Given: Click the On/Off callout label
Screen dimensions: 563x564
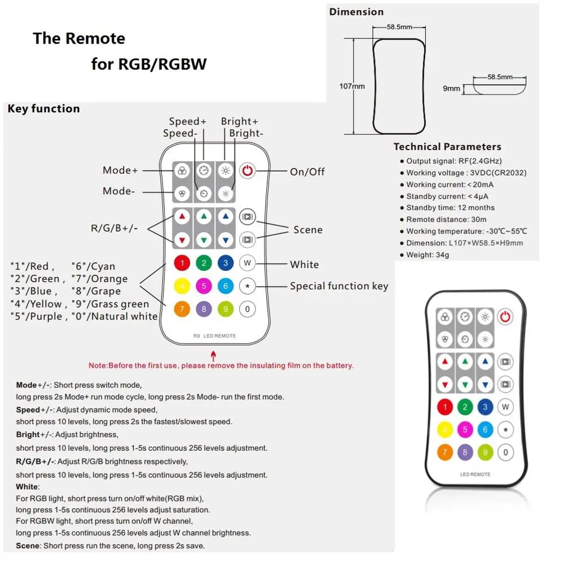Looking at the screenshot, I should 307,171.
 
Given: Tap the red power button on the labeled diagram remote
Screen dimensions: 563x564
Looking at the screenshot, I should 247,170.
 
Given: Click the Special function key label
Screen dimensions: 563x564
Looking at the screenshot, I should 339,286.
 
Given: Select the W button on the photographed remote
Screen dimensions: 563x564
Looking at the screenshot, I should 505,407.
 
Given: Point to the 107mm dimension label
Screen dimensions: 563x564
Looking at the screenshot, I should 352,86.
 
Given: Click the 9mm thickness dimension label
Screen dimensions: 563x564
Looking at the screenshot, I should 451,88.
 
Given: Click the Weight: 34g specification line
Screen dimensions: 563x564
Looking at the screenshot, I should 428,255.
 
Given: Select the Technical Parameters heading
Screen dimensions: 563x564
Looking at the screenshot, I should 447,147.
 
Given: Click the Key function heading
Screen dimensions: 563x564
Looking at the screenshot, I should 44,109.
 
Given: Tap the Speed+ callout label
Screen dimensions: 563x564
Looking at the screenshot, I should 188,121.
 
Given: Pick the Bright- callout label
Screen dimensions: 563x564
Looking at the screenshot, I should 245,133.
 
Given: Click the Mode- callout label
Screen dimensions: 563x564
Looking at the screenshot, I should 118,191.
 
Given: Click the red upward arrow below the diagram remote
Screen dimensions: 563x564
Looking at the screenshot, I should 213,356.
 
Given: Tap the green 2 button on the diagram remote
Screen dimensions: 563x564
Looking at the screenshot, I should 204,262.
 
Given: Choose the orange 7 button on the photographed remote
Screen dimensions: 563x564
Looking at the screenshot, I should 445,451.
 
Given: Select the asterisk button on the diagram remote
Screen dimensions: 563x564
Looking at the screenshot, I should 247,286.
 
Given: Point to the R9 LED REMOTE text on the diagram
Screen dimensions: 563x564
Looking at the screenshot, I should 214,336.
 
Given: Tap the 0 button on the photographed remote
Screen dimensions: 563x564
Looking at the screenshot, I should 505,451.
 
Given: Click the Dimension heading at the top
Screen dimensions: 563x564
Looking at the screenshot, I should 356,12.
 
